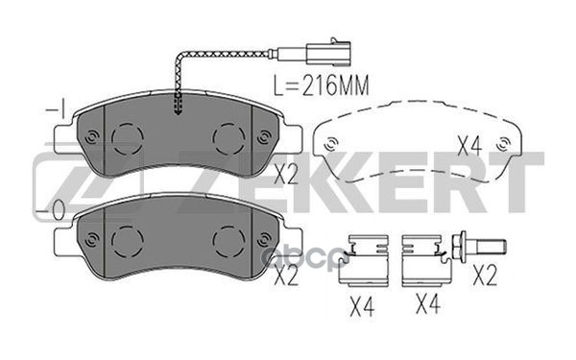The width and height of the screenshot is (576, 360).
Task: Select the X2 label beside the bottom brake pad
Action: (x=285, y=276)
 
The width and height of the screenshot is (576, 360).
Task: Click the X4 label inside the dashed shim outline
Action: (x=468, y=146)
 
